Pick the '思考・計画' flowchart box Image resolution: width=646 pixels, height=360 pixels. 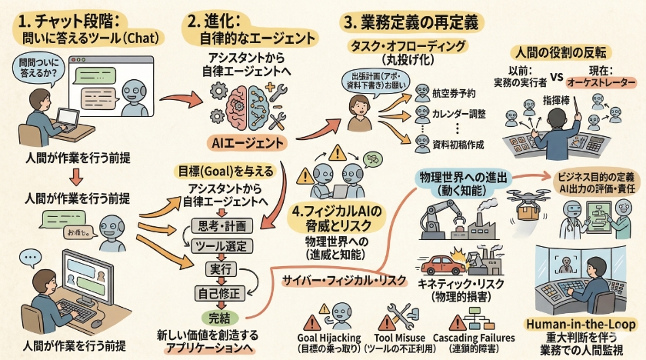tap(221, 225)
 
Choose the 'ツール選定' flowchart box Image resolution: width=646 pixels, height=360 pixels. tap(221, 247)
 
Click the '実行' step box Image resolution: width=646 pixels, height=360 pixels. tap(221, 269)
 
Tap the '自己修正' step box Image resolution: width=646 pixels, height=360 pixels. tap(221, 292)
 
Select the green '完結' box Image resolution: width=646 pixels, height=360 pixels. tap(221, 316)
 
